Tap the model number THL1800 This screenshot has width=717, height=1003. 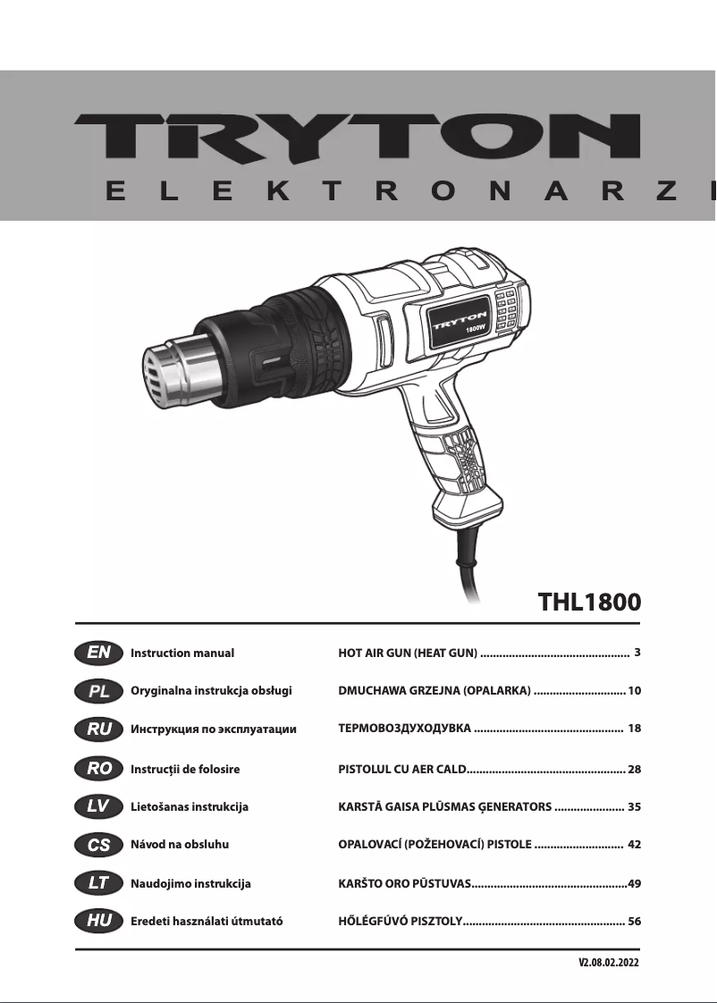(x=589, y=601)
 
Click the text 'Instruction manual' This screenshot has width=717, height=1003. (x=182, y=653)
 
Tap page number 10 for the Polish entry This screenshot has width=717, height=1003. (x=635, y=691)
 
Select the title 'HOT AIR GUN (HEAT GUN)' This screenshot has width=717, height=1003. (x=408, y=653)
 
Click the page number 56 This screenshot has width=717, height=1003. (x=635, y=922)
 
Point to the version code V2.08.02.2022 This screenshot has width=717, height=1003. (x=609, y=964)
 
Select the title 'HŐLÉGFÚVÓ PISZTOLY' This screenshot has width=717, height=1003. (x=399, y=922)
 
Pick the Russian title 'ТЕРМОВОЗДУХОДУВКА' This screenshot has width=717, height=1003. (x=404, y=729)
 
